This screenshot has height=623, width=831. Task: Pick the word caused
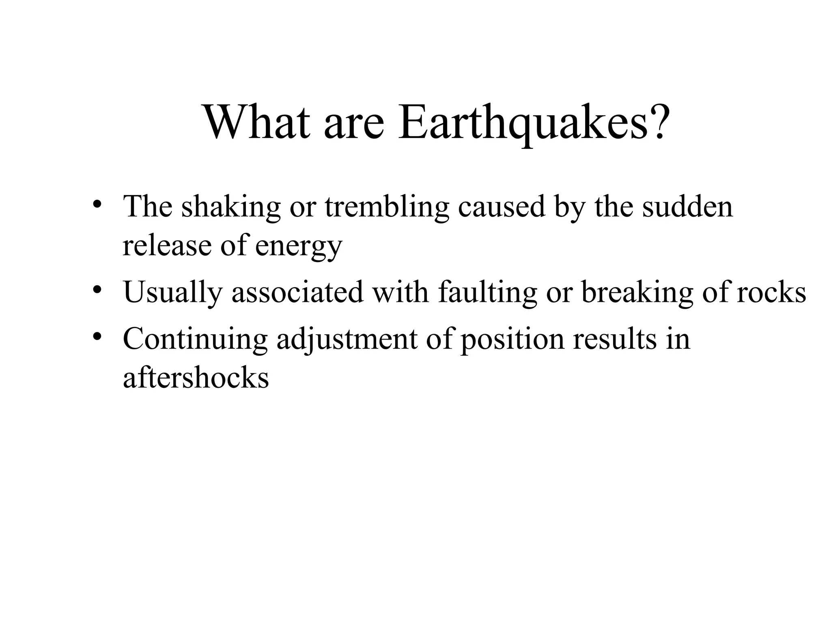pyautogui.click(x=502, y=207)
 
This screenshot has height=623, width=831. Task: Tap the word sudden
pyautogui.click(x=687, y=207)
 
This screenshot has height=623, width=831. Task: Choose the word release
pyautogui.click(x=167, y=246)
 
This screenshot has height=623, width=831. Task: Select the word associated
pyautogui.click(x=297, y=292)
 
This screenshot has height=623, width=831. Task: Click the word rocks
pyautogui.click(x=771, y=292)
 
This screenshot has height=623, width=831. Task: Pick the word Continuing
pyautogui.click(x=195, y=339)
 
